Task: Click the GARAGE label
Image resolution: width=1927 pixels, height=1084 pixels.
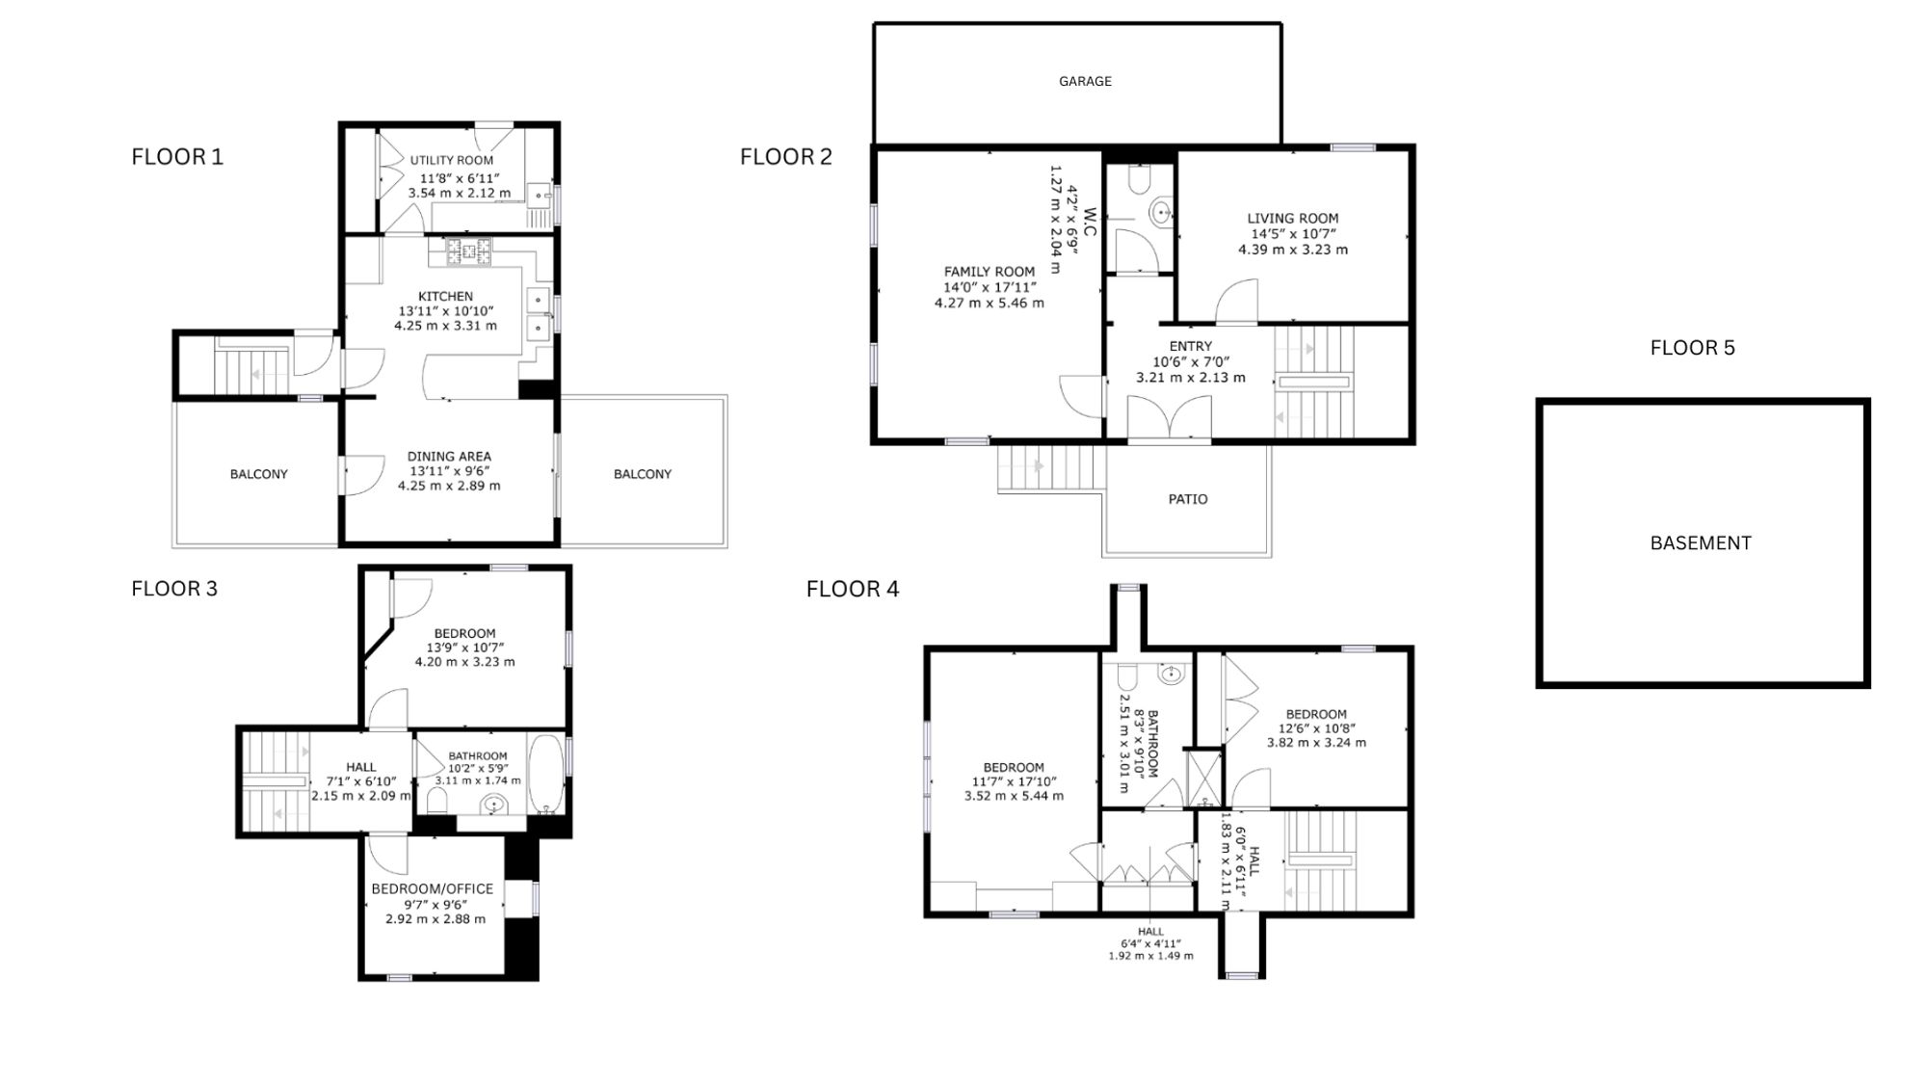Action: tap(1085, 82)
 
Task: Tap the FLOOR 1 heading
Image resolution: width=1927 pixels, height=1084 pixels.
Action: tap(177, 156)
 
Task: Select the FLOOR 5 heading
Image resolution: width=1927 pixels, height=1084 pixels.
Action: tap(1692, 348)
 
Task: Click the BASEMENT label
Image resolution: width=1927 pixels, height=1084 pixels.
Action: tap(1701, 542)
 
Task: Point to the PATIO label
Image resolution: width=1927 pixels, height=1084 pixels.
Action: tap(1188, 499)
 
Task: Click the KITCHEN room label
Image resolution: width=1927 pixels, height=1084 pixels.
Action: tap(445, 297)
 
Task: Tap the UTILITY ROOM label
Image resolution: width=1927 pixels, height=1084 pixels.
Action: tap(452, 161)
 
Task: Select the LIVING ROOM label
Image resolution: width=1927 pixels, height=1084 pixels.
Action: tap(1293, 219)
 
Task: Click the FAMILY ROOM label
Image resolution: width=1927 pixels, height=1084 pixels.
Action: tap(990, 272)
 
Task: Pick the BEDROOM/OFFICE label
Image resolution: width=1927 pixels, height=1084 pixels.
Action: tap(433, 888)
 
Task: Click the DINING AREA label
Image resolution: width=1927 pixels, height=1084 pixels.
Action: tap(449, 457)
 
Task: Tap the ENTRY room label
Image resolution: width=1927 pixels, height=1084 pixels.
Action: tap(1191, 347)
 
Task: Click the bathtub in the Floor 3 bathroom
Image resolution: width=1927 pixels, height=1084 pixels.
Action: tap(546, 775)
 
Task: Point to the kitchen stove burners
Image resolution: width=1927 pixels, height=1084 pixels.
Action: tap(468, 251)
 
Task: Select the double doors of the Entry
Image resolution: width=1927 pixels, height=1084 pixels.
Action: tap(1169, 416)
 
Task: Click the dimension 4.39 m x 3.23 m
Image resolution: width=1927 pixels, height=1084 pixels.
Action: tap(1293, 250)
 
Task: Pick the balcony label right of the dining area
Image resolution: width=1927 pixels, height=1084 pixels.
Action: tap(643, 474)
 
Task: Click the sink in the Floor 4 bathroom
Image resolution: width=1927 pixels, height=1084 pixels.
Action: tap(1171, 674)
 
